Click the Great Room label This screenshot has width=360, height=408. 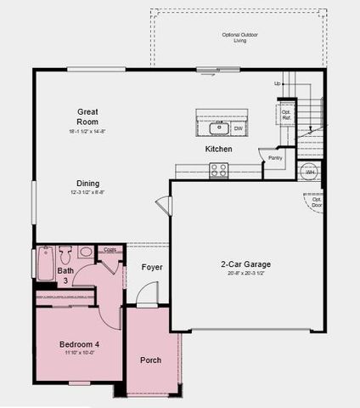tap(87, 116)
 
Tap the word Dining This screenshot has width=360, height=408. tap(88, 184)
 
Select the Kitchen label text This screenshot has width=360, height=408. tap(218, 150)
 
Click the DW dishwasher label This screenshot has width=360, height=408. tap(239, 128)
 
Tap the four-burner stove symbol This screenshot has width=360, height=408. tap(219, 170)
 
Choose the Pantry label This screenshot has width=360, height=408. tap(275, 157)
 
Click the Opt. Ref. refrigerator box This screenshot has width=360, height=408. tap(287, 114)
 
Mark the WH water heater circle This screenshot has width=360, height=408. tap(310, 171)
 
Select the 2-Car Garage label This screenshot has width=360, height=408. tap(246, 263)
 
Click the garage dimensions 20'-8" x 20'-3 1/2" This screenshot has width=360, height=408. tap(246, 274)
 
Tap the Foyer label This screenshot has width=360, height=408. tap(152, 267)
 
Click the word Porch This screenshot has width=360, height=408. tap(151, 360)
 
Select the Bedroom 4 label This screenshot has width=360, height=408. tap(79, 344)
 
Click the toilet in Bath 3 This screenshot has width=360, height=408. tap(86, 252)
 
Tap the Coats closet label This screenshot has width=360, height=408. tap(110, 249)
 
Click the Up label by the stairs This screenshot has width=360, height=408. tap(277, 84)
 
